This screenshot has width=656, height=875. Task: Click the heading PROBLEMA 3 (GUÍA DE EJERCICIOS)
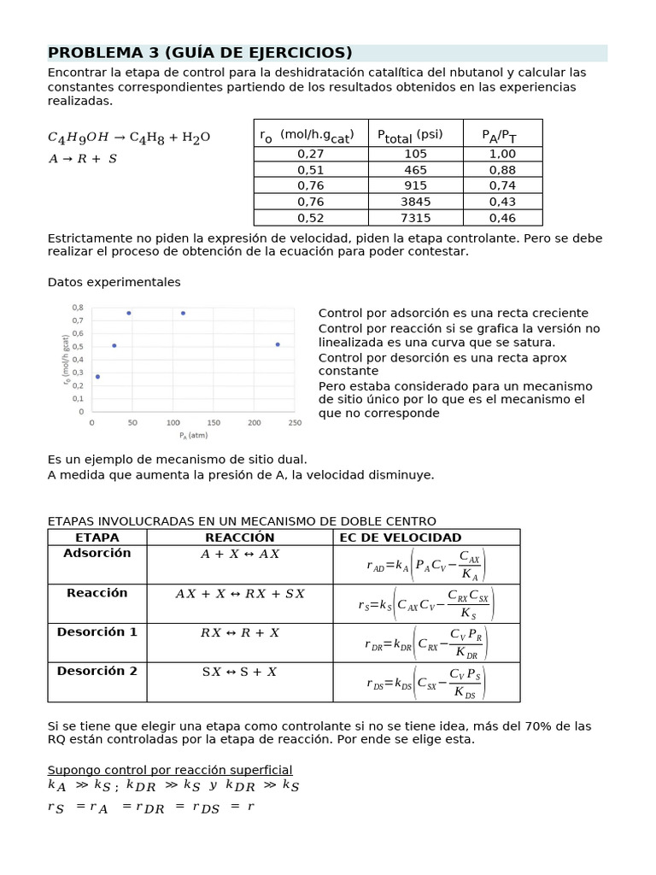[x=200, y=53]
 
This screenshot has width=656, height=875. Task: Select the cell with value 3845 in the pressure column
[x=416, y=202]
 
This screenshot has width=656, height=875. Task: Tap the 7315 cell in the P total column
[x=416, y=217]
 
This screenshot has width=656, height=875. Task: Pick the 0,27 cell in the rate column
[x=311, y=154]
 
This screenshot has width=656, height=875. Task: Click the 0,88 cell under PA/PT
[x=502, y=170]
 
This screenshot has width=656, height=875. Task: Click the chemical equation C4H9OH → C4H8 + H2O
[x=129, y=138]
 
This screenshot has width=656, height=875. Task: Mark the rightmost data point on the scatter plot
[x=278, y=344]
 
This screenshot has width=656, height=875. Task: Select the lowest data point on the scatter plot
[x=97, y=377]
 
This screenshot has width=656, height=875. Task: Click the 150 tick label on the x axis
[x=214, y=423]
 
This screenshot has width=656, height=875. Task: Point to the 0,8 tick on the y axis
[x=79, y=308]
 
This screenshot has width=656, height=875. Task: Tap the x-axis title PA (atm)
[x=194, y=435]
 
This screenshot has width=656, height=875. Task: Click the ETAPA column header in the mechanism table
[x=97, y=537]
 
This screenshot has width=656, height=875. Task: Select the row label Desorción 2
[x=97, y=671]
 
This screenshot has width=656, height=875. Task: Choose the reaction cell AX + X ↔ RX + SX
[x=240, y=593]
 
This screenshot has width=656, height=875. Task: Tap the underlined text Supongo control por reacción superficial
[x=170, y=769]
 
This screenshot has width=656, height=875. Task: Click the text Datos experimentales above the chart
[x=114, y=282]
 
